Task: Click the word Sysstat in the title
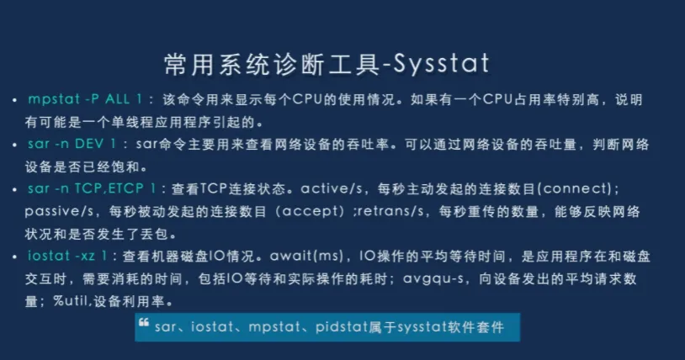[x=441, y=64]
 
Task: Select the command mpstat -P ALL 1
[x=85, y=99]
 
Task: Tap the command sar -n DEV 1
[x=72, y=144]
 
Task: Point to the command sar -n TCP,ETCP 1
[x=92, y=188]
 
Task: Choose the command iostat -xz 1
[x=67, y=256]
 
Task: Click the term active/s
[x=332, y=188]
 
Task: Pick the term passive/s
[x=59, y=212]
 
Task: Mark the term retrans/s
[x=390, y=211]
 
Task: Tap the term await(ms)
[x=306, y=256]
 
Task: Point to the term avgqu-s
[x=433, y=278]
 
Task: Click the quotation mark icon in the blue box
[x=144, y=323]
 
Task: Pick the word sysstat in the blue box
[x=417, y=327]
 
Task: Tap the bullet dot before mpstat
[x=15, y=100]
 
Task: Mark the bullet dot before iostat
[x=15, y=257]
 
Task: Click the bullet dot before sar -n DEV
[x=15, y=145]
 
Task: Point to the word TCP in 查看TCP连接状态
[x=214, y=188]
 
